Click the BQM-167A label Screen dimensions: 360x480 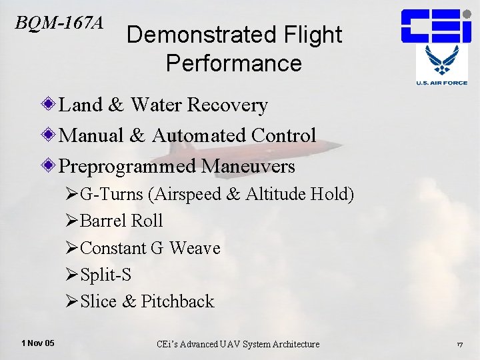tap(59, 23)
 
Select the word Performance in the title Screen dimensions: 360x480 tap(234, 63)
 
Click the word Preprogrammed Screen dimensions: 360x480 tap(128, 165)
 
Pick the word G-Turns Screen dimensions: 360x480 tap(112, 195)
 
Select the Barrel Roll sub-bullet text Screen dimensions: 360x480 tap(121, 221)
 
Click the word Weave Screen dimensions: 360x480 tap(195, 248)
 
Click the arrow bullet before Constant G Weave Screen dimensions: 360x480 tap(72, 248)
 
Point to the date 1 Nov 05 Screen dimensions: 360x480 tap(38, 343)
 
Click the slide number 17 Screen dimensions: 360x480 tap(459, 344)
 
